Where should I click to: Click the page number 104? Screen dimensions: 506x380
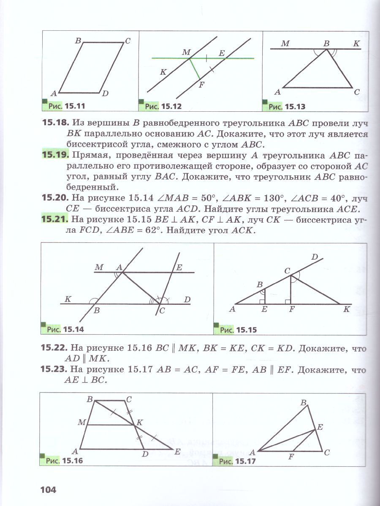(49, 490)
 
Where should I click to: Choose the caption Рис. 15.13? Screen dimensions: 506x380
(287, 107)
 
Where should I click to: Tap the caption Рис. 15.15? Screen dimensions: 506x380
(239, 329)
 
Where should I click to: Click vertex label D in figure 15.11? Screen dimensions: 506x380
(106, 94)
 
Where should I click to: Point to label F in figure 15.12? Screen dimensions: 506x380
(201, 84)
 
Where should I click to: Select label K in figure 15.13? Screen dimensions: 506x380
(356, 43)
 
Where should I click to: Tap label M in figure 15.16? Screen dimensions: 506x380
(81, 422)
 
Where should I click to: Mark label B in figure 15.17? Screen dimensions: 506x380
(303, 403)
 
